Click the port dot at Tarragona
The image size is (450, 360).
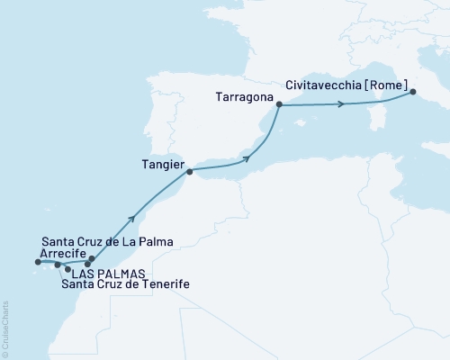click(x=279, y=105)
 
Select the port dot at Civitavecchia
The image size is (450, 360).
click(x=413, y=92)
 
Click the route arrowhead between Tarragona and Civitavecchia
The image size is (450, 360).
click(x=340, y=106)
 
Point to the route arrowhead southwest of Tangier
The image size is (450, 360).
click(x=133, y=217)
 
